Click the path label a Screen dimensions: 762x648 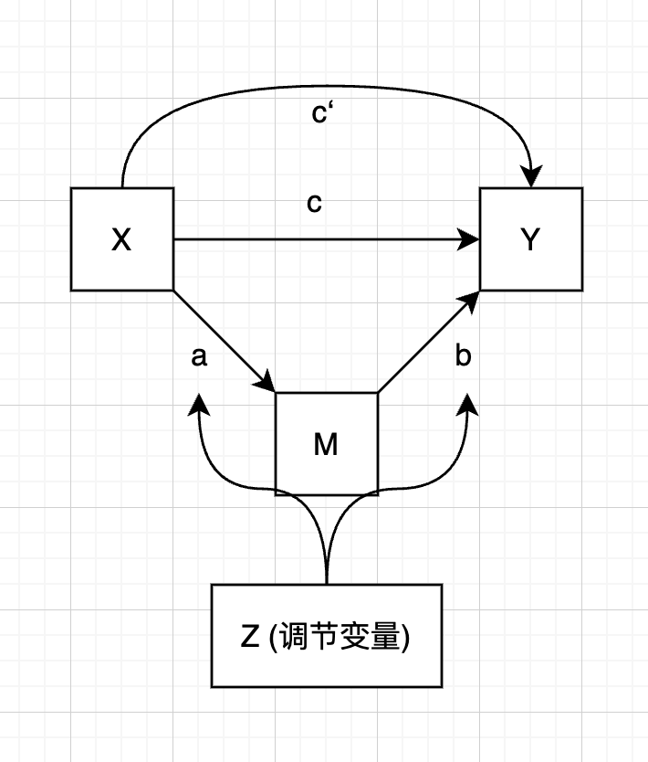[199, 357]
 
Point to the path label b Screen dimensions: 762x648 [464, 357]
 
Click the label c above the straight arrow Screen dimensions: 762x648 [314, 203]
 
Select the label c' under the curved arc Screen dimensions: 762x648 [320, 114]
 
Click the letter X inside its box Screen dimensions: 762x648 [120, 239]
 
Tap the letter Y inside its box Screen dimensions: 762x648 [530, 239]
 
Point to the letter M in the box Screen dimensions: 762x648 [326, 445]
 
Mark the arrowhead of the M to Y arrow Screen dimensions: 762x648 [473, 299]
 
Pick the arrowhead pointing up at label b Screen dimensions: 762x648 [469, 405]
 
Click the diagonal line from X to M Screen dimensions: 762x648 [219, 336]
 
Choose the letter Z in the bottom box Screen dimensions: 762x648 [250, 636]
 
